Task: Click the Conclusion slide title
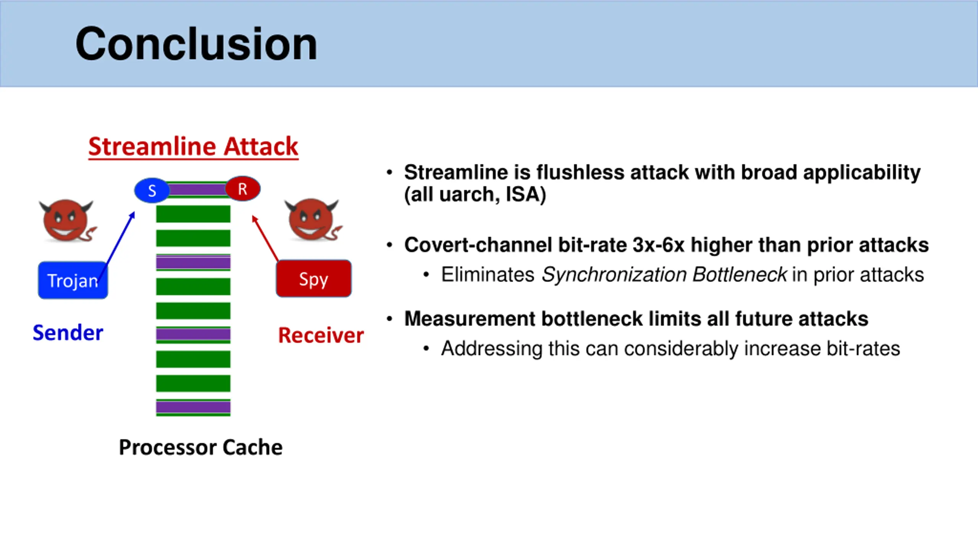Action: click(x=196, y=44)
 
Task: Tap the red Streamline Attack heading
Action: click(x=193, y=146)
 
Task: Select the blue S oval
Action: click(x=152, y=190)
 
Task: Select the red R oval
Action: click(x=243, y=189)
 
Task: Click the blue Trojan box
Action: click(x=73, y=281)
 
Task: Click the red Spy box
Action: click(x=314, y=279)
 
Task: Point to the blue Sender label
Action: click(x=68, y=333)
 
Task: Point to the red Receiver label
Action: click(x=321, y=335)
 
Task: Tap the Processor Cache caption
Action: click(x=201, y=447)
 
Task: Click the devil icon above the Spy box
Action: click(x=313, y=220)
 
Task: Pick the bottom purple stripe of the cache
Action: click(x=193, y=407)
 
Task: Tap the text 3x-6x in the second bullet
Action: click(x=658, y=245)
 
